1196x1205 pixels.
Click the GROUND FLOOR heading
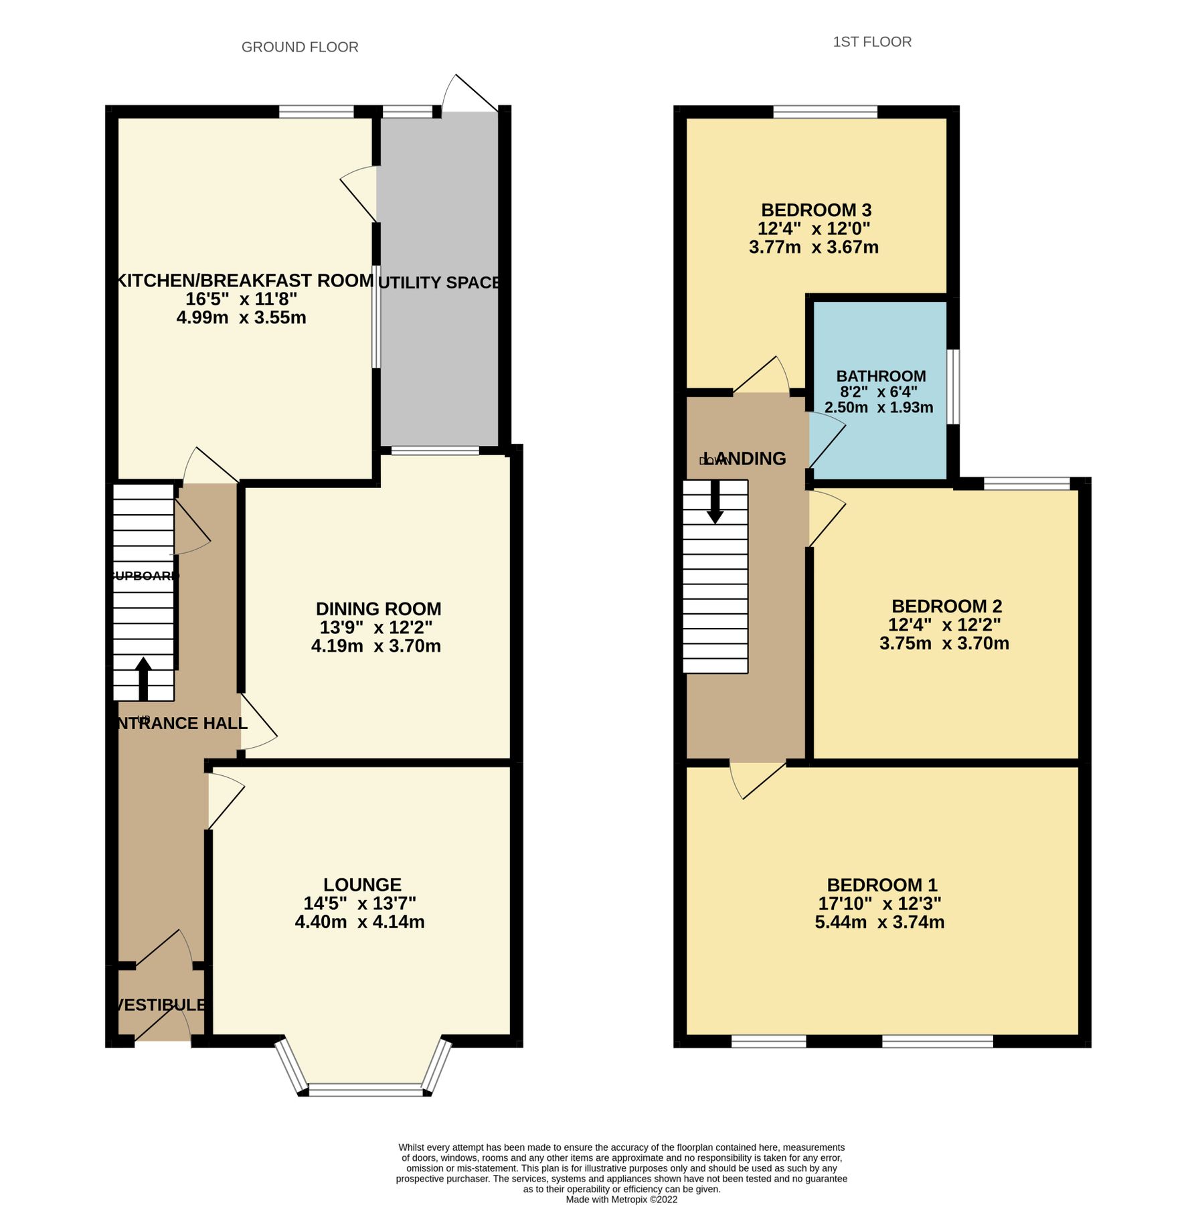coord(300,47)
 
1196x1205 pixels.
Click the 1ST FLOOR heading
coord(871,42)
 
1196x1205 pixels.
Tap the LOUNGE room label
coord(362,884)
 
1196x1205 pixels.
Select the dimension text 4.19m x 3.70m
coord(375,646)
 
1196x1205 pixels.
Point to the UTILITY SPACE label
coord(439,283)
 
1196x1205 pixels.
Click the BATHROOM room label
coord(881,376)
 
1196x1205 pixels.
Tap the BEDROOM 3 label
coord(816,210)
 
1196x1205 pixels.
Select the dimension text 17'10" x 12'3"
coord(879,903)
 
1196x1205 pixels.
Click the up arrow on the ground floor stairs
coord(143,677)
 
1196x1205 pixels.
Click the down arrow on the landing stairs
coord(715,502)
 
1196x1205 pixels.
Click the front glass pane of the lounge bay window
coord(366,1091)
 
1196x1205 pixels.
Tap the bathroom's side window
coord(953,386)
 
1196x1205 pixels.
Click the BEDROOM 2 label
coord(946,607)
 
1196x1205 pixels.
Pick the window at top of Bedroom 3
coord(825,112)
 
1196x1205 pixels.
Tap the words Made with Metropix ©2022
coord(621,1199)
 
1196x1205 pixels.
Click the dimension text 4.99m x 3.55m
coord(241,317)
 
